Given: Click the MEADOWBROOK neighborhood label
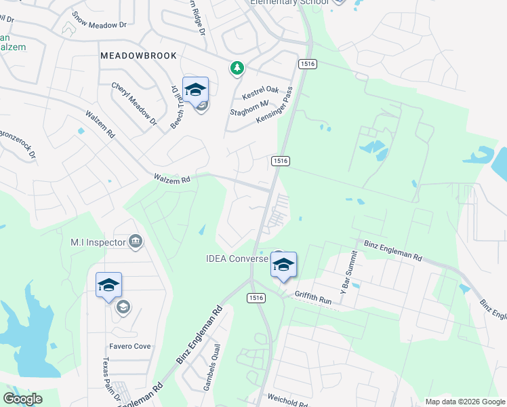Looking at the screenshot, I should tap(138, 56).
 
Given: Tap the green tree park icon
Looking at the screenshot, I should tap(237, 68).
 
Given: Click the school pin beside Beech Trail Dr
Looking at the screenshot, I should tap(195, 91).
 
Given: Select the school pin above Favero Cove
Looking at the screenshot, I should tap(108, 287).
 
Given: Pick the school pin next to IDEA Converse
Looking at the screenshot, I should tap(283, 265).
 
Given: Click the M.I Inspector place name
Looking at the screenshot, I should tap(98, 241).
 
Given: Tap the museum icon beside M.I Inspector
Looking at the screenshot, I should tap(135, 241).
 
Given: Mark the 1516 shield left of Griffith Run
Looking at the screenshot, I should tap(256, 297).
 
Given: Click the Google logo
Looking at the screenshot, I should tap(22, 399).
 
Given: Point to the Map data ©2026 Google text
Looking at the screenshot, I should tap(465, 401).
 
